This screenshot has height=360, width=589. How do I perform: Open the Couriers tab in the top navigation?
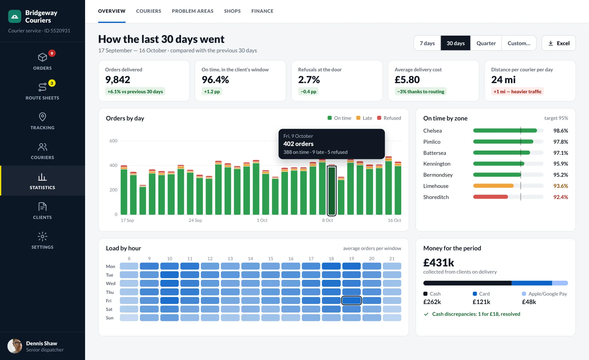(x=149, y=11)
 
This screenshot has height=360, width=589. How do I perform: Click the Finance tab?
(x=262, y=11)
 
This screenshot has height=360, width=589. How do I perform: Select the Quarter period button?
(x=486, y=43)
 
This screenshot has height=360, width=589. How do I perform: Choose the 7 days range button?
(x=427, y=43)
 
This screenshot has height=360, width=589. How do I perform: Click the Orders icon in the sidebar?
(x=43, y=57)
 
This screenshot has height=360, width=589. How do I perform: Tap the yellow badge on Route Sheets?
(x=52, y=83)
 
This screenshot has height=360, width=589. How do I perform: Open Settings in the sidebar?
(x=43, y=241)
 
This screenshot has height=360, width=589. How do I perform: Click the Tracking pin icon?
(x=43, y=117)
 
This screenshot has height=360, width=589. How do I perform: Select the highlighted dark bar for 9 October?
(x=332, y=191)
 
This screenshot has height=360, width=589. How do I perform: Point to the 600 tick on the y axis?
(x=113, y=141)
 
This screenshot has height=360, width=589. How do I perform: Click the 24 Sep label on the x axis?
(x=195, y=220)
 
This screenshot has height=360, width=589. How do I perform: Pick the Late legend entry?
(x=364, y=118)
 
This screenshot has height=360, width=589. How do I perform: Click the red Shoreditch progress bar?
(x=491, y=197)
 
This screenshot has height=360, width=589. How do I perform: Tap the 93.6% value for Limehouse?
(x=561, y=186)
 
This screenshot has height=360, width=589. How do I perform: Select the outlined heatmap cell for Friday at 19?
(x=351, y=300)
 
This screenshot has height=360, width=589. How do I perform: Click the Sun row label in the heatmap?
(x=110, y=318)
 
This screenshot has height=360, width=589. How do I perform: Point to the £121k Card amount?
(x=481, y=302)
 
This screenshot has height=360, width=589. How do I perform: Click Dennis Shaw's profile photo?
(x=15, y=346)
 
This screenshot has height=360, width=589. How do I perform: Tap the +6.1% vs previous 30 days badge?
(x=135, y=92)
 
